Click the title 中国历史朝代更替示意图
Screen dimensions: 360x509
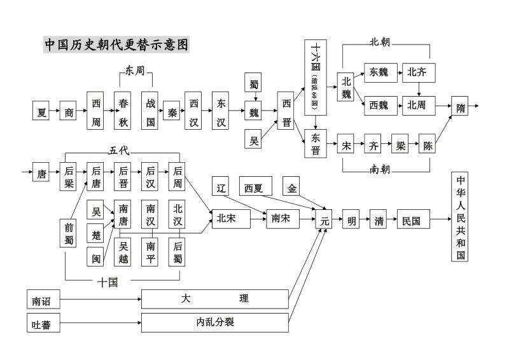(x=116, y=45)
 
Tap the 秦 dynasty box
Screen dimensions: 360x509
(x=171, y=111)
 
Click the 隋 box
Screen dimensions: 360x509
(x=461, y=107)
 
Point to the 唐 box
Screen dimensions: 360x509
(x=41, y=172)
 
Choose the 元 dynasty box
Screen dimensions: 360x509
(x=324, y=221)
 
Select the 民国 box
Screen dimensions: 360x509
(x=411, y=221)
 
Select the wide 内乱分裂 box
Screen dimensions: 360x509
(x=215, y=322)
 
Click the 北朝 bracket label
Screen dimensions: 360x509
(x=380, y=42)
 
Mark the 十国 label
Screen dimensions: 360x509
(x=108, y=282)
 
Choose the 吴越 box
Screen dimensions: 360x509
(x=123, y=251)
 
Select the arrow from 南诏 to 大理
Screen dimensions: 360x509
(x=102, y=298)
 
